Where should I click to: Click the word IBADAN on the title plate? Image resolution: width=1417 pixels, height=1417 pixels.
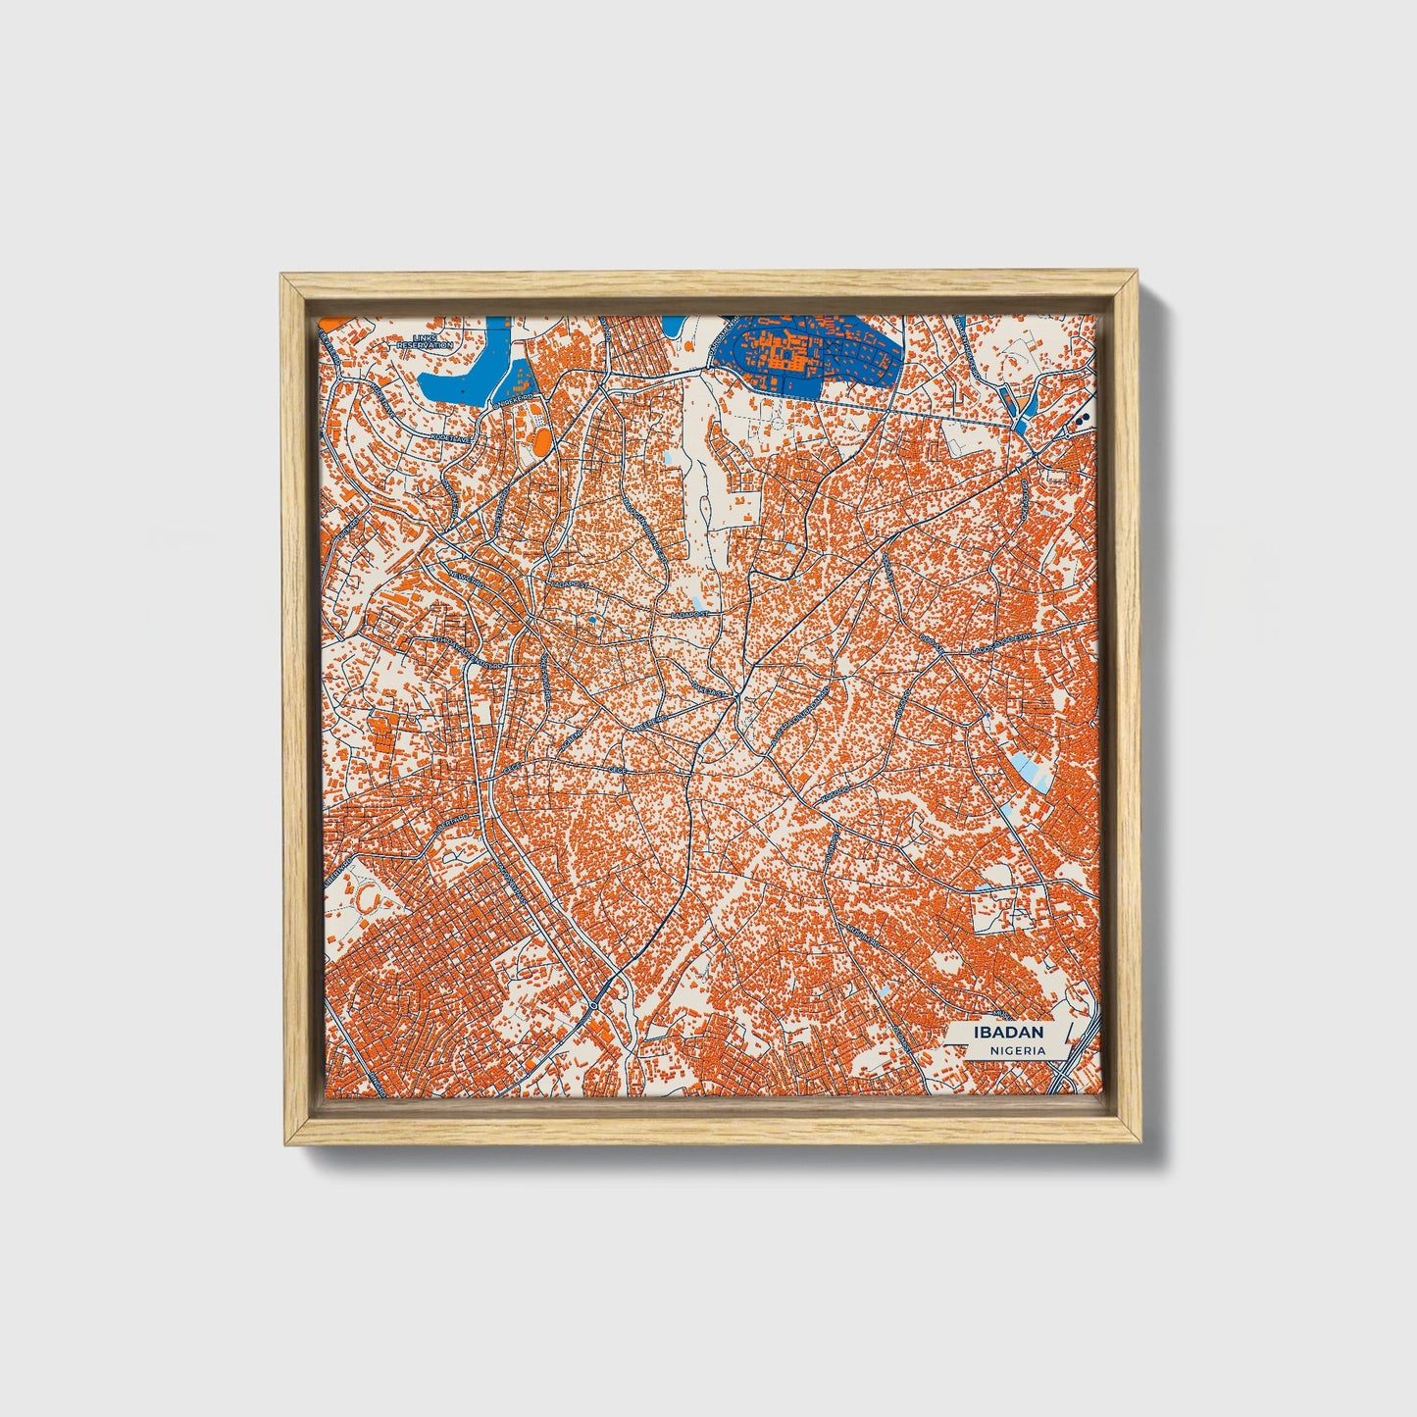(x=1008, y=1033)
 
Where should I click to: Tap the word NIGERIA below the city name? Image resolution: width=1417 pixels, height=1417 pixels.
(x=1016, y=1050)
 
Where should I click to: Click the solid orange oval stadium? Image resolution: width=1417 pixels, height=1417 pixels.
(x=540, y=442)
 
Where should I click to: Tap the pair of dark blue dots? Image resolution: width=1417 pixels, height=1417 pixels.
(x=1083, y=419)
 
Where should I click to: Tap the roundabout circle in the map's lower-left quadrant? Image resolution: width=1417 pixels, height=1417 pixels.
(x=595, y=1006)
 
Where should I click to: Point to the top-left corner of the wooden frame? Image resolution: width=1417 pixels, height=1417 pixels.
(x=281, y=277)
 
